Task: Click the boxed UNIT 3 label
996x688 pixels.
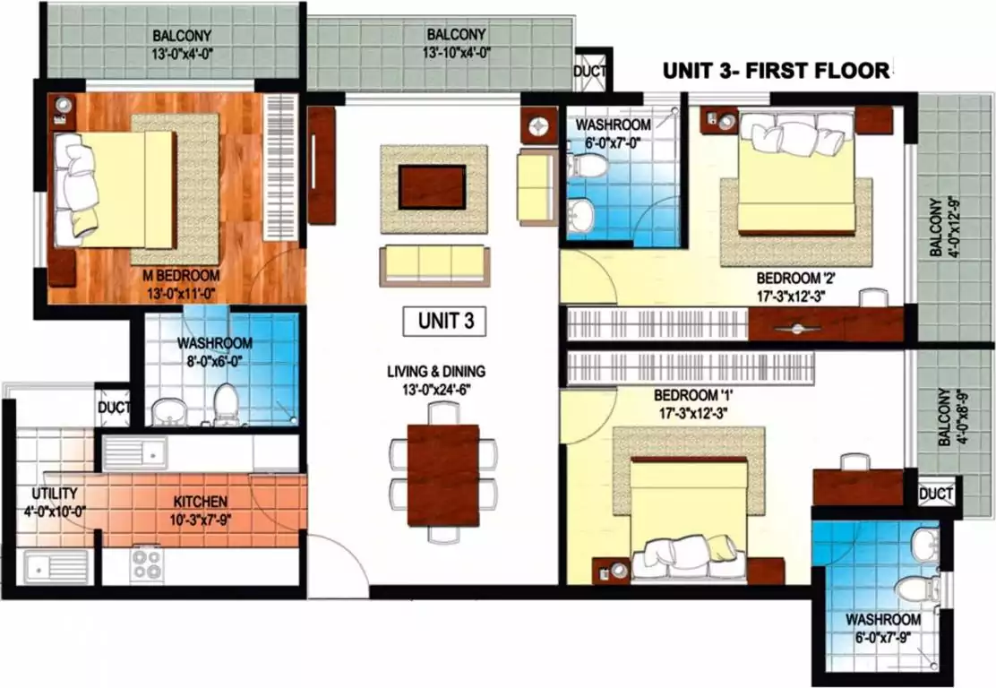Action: (x=445, y=322)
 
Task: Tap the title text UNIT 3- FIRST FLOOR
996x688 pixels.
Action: (x=776, y=70)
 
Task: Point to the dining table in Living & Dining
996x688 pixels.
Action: (x=443, y=474)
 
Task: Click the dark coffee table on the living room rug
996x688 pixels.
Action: (x=432, y=187)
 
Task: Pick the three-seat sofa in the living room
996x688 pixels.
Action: (x=434, y=263)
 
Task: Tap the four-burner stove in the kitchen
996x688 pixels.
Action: (x=147, y=564)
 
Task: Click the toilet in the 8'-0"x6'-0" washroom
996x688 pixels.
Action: (x=227, y=406)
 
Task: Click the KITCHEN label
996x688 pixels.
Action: (x=202, y=501)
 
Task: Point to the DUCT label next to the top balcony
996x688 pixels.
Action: (x=591, y=71)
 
